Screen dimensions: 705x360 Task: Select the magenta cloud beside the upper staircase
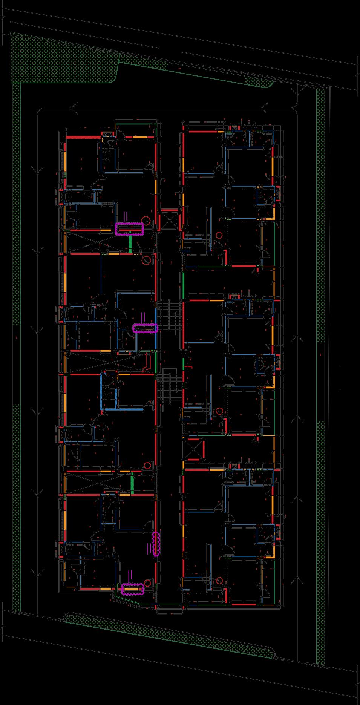click(x=145, y=328)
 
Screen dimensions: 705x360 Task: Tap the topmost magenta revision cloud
click(x=130, y=229)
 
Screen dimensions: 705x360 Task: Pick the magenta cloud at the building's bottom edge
click(x=133, y=589)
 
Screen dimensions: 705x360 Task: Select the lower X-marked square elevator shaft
click(x=193, y=449)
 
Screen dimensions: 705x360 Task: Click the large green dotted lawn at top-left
click(x=60, y=57)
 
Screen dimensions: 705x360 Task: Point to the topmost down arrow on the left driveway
click(x=38, y=169)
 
